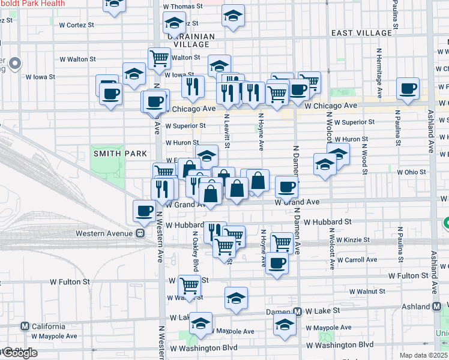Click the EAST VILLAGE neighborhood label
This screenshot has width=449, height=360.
pyautogui.click(x=361, y=32)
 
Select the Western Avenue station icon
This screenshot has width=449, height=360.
pyautogui.click(x=140, y=233)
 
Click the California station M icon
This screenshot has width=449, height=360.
pyautogui.click(x=25, y=326)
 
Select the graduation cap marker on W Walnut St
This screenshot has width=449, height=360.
pyautogui.click(x=237, y=298)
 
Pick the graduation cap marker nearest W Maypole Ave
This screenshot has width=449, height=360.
pyautogui.click(x=200, y=323)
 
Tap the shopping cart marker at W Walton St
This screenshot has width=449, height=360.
pyautogui.click(x=159, y=58)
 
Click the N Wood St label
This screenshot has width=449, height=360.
pyautogui.click(x=364, y=160)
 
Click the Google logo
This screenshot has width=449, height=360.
pyautogui.click(x=19, y=353)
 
